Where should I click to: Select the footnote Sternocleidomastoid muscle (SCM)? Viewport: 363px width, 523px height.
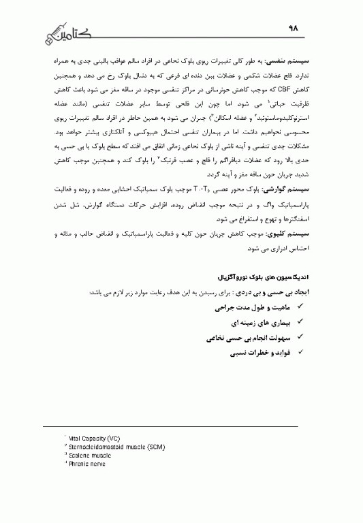click(x=108, y=445)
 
